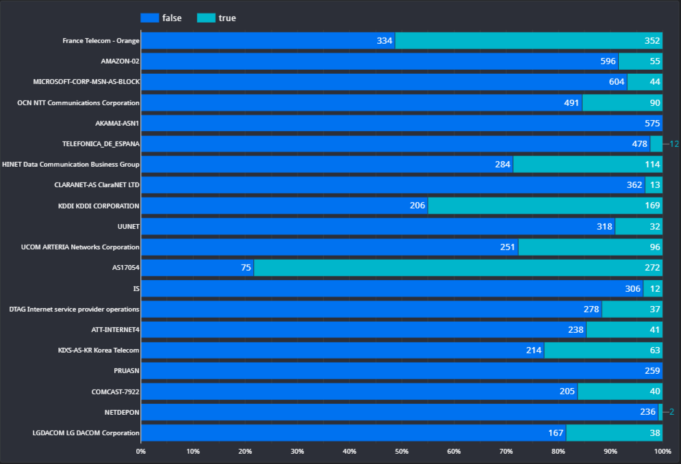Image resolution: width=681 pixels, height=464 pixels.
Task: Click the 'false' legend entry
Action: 161,18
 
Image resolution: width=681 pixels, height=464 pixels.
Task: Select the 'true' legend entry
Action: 216,18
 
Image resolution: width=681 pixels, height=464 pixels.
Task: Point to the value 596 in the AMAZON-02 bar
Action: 608,62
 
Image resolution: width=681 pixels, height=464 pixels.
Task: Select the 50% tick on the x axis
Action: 402,451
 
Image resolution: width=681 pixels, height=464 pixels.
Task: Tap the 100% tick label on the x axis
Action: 662,451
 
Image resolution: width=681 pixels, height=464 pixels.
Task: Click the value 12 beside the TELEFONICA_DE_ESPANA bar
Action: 674,144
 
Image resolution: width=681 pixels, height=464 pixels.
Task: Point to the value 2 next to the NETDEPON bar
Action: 672,412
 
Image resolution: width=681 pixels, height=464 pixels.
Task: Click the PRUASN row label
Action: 127,370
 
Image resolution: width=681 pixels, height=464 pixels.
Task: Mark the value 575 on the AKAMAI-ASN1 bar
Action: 652,124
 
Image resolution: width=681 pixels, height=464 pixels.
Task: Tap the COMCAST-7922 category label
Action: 116,392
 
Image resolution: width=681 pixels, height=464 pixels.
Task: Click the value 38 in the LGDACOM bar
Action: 654,433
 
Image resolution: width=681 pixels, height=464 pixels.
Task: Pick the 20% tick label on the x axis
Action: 245,451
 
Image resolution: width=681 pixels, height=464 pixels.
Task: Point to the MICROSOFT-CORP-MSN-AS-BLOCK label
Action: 86,82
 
